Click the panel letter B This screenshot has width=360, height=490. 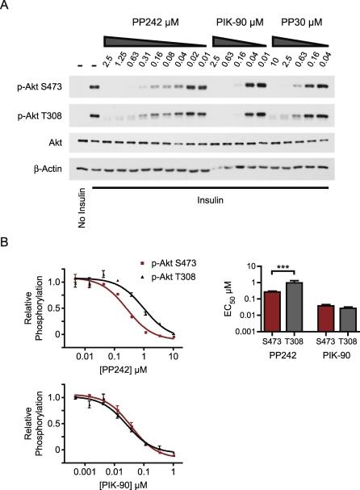(x=6, y=241)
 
